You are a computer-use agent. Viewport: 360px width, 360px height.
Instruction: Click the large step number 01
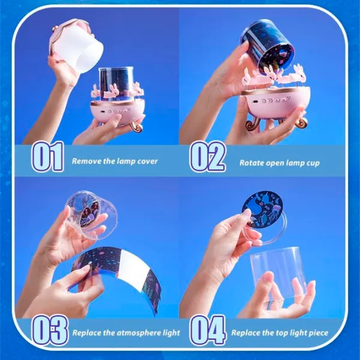tap(48, 157)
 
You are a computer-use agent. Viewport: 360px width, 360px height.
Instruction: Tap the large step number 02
tap(208, 157)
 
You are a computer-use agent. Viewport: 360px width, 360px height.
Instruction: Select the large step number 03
tap(50, 329)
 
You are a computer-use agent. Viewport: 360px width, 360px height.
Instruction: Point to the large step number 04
tap(208, 329)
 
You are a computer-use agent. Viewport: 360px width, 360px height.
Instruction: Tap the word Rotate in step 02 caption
tap(251, 163)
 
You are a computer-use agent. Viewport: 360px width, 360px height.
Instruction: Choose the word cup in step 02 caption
tap(313, 163)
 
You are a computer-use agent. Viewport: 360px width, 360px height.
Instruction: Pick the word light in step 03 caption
tap(172, 333)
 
